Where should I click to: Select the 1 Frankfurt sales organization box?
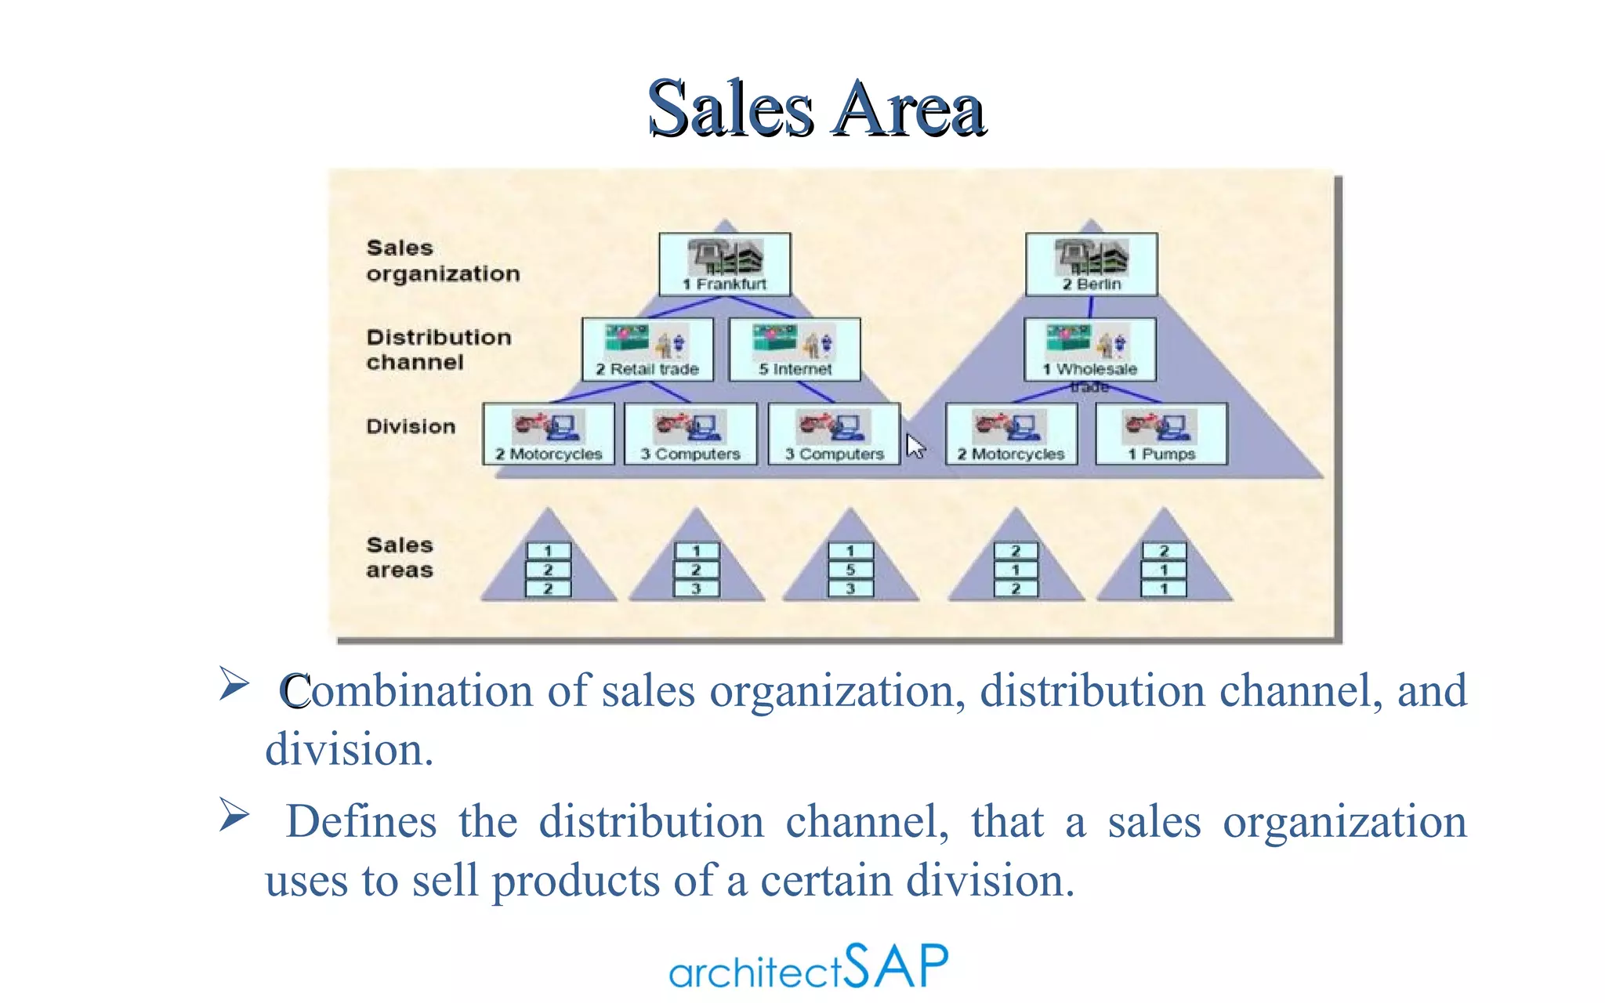pyautogui.click(x=725, y=264)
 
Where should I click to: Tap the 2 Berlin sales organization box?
pyautogui.click(x=1091, y=264)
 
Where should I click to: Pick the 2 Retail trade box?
pyautogui.click(x=647, y=349)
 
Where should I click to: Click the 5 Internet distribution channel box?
pyautogui.click(x=795, y=349)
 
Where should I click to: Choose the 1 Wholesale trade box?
pyautogui.click(x=1089, y=349)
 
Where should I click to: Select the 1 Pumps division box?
pyautogui.click(x=1161, y=434)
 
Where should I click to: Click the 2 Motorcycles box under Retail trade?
pyautogui.click(x=549, y=434)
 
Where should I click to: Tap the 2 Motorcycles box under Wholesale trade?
pyautogui.click(x=1011, y=434)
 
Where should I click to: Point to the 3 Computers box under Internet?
pyautogui.click(x=834, y=434)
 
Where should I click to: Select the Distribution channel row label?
pyautogui.click(x=438, y=349)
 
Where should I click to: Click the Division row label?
pyautogui.click(x=411, y=426)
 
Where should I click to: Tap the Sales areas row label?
pyautogui.click(x=400, y=557)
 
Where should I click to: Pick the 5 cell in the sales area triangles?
pyautogui.click(x=850, y=570)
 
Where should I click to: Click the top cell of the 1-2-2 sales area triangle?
pyautogui.click(x=548, y=551)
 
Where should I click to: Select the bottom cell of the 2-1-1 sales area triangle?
pyautogui.click(x=1164, y=588)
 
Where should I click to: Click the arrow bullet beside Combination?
pyautogui.click(x=234, y=683)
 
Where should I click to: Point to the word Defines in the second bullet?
pyautogui.click(x=361, y=821)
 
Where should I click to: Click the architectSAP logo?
pyautogui.click(x=808, y=967)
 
